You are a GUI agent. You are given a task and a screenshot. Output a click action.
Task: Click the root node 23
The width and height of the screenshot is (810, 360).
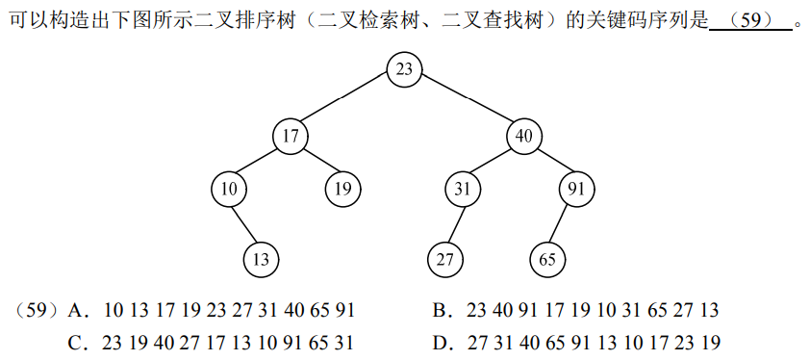pyautogui.click(x=404, y=68)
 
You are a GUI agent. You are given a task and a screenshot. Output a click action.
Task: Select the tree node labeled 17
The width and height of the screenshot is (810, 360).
pyautogui.click(x=290, y=136)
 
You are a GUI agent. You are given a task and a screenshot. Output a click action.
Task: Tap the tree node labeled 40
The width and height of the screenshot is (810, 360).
pyautogui.click(x=523, y=136)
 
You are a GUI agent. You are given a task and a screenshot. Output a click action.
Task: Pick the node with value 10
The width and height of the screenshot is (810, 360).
pyautogui.click(x=228, y=189)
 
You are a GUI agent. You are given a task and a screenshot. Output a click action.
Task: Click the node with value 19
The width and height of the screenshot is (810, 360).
pyautogui.click(x=342, y=189)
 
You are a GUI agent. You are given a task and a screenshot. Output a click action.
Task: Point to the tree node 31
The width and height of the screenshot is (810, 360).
pyautogui.click(x=463, y=189)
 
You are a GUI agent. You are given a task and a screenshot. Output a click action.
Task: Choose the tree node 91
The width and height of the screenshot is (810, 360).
pyautogui.click(x=576, y=189)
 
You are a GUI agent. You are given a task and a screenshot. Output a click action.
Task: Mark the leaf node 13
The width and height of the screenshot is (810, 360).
pyautogui.click(x=261, y=259)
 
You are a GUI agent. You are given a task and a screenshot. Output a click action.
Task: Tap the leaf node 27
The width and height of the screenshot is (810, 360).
pyautogui.click(x=445, y=259)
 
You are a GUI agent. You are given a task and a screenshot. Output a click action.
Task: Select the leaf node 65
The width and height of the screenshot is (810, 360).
pyautogui.click(x=547, y=259)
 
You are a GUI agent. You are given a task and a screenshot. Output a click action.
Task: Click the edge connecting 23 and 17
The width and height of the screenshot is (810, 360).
pyautogui.click(x=346, y=102)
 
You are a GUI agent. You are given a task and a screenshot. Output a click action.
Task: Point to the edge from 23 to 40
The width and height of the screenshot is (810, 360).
pyautogui.click(x=464, y=102)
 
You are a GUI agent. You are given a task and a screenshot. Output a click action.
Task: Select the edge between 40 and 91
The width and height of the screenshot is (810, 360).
pyautogui.click(x=550, y=163)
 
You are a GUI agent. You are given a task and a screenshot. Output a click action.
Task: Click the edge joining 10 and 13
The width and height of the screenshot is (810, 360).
pyautogui.click(x=244, y=224)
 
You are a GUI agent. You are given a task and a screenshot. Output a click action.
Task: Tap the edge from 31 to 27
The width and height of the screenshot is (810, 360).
pyautogui.click(x=454, y=224)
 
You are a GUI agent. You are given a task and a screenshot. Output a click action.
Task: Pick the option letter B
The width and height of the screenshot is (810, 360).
pyautogui.click(x=441, y=311)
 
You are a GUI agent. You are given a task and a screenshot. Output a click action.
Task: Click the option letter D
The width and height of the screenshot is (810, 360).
pyautogui.click(x=441, y=343)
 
